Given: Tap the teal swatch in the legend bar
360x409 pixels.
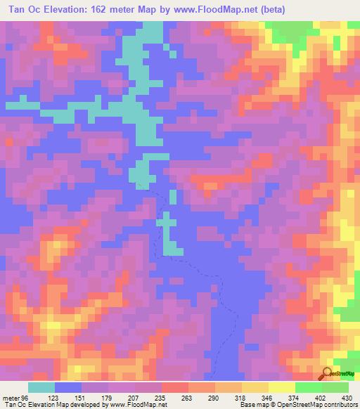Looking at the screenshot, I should pos(41,387).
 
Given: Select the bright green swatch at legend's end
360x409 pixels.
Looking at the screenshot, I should pos(335,387).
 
